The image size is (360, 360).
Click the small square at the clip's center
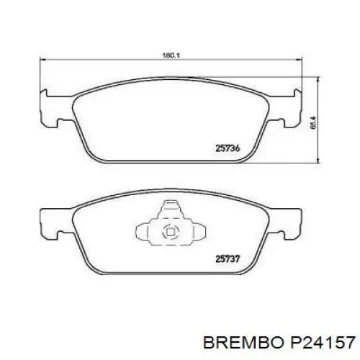click(171, 232)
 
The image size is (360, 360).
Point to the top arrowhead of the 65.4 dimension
click(319, 75)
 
